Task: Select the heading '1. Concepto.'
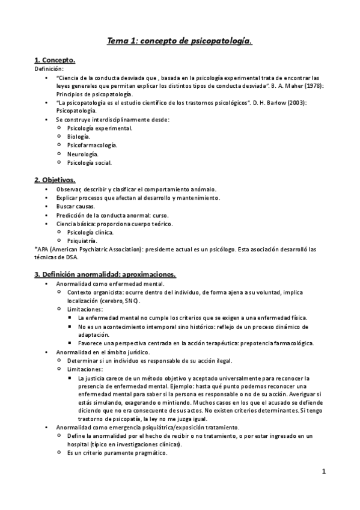(x=55, y=61)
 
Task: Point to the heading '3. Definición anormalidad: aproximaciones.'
(x=105, y=274)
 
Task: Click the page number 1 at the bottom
(x=323, y=472)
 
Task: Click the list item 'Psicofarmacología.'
(x=92, y=145)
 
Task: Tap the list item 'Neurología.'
(x=84, y=153)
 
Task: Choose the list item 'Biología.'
(x=81, y=137)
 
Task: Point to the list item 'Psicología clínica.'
(x=90, y=232)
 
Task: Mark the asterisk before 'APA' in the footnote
(x=35, y=249)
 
